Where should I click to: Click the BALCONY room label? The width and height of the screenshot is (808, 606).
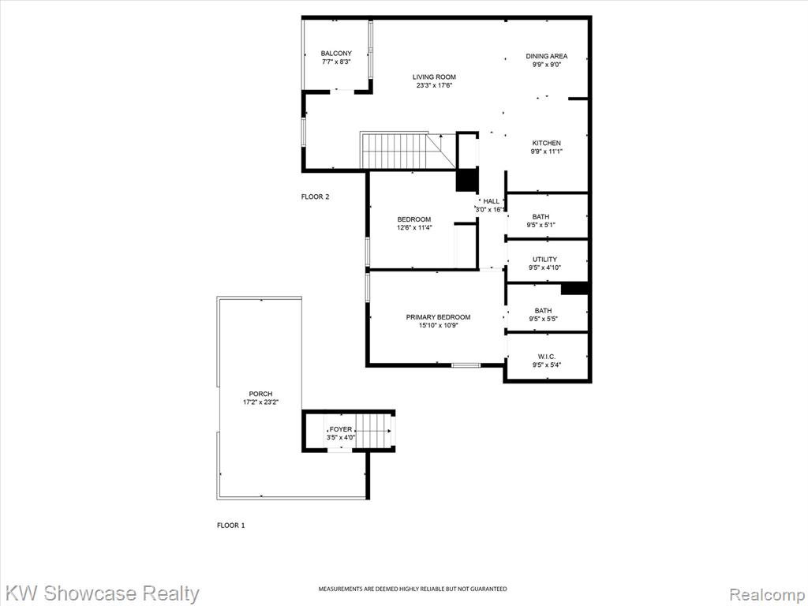point(336,54)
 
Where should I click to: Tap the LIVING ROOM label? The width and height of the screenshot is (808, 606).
point(434,77)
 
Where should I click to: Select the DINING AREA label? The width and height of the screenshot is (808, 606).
point(547,56)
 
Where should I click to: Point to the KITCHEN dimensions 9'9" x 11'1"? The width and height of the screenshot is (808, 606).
point(546,151)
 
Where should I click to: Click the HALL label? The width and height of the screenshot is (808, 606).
point(491,201)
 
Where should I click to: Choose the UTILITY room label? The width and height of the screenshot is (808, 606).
point(544,260)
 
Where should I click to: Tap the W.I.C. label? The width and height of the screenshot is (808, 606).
point(547,357)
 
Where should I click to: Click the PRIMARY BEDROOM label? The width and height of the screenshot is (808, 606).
point(438,317)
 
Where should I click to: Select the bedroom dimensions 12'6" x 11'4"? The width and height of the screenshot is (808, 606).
point(413,227)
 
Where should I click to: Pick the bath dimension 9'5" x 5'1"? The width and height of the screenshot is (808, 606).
point(541,225)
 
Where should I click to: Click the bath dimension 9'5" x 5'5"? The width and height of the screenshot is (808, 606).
point(543,319)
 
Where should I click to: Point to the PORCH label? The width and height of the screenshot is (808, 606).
point(260,395)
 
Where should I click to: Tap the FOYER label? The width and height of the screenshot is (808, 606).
point(341,429)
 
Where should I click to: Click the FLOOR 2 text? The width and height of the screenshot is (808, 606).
point(315,196)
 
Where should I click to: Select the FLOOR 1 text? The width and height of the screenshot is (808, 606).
point(231,526)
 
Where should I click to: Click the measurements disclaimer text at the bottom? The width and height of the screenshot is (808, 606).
point(412,589)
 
